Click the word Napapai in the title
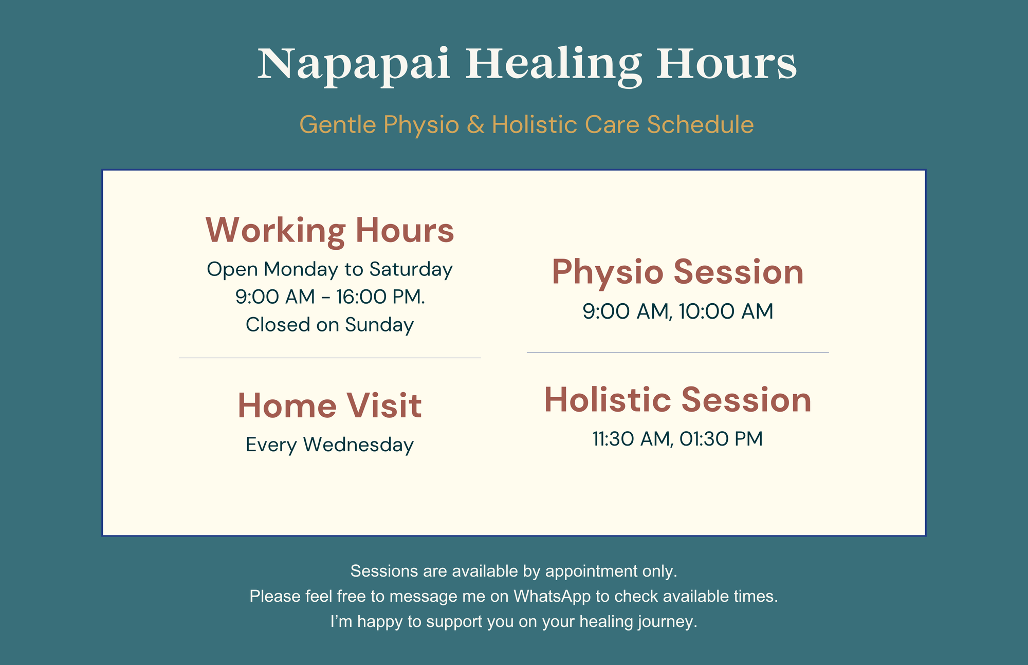(354, 65)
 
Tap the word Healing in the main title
(554, 65)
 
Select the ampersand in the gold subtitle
(475, 125)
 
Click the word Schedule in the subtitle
(700, 125)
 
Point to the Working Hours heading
(330, 230)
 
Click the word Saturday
(411, 269)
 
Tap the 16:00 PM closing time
(381, 297)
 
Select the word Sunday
(379, 325)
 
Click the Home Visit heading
(330, 405)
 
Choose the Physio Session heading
(678, 272)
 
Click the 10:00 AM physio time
(726, 311)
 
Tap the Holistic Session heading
(678, 400)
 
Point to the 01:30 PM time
(721, 439)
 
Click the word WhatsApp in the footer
(552, 596)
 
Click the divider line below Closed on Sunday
(330, 358)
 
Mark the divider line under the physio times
(678, 352)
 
